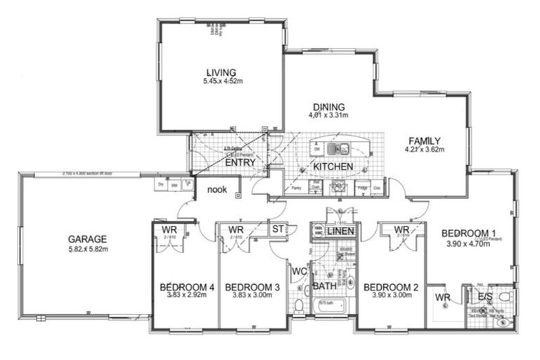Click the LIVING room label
(221, 72)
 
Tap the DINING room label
(328, 105)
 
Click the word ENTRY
(240, 162)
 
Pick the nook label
(217, 189)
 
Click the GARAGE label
(87, 238)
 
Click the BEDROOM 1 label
(470, 233)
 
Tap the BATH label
(324, 286)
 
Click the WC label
(297, 271)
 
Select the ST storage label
(278, 229)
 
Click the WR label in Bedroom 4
(169, 230)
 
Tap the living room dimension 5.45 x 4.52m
(221, 82)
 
